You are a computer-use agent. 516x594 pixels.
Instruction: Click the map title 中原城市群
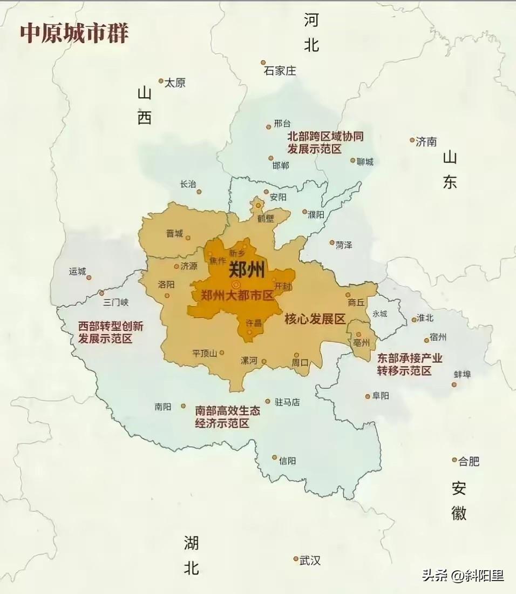point(74,33)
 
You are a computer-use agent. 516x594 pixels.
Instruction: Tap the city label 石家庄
point(280,71)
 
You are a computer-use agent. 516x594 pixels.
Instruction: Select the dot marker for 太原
point(161,81)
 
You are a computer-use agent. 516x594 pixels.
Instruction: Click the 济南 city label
point(426,142)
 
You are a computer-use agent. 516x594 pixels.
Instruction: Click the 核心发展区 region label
point(315,319)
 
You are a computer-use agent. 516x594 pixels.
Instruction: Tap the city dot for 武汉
point(296,558)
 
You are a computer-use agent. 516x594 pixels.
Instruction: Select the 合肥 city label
point(469,461)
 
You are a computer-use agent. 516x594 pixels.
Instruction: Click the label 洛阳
point(166,285)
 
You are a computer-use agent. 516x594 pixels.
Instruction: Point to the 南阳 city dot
point(183,406)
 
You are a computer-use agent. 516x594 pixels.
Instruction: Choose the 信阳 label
point(287,461)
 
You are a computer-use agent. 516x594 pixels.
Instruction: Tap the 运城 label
point(78,271)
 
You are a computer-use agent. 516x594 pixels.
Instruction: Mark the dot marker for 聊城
point(353,160)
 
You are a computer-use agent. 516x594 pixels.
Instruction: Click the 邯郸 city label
point(281,165)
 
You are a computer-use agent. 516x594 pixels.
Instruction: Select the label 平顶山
point(204,353)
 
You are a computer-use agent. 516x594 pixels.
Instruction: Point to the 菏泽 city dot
point(332,243)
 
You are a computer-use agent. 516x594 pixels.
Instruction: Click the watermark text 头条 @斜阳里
point(463,576)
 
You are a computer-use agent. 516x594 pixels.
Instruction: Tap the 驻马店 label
point(287,402)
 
